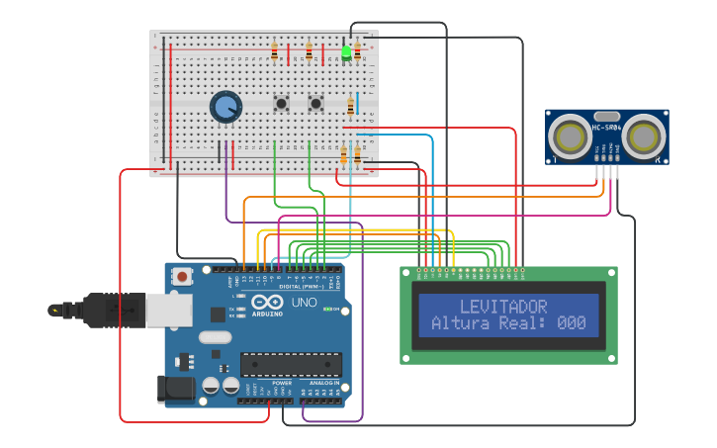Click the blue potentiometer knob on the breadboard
click(226, 107)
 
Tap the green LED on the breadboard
click(346, 52)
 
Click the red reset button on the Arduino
click(182, 278)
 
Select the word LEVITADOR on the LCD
click(502, 307)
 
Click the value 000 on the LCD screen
click(571, 323)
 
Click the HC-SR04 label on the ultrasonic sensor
click(605, 128)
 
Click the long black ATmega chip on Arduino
click(291, 364)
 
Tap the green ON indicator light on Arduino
click(327, 309)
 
